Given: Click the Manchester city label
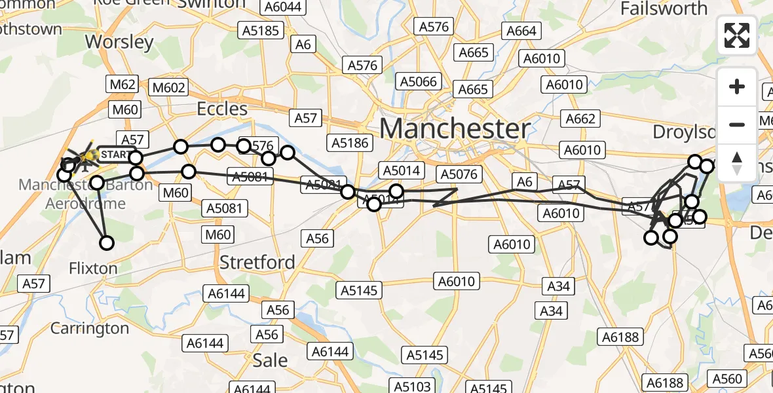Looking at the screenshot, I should [455, 128].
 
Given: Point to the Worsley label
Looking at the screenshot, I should [120, 43].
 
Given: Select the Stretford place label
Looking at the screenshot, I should [257, 263].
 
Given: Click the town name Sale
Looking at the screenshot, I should [270, 360].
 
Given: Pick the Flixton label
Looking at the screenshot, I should [92, 268].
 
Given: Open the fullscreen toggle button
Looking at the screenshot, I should [737, 35].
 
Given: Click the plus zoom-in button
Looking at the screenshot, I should [737, 86].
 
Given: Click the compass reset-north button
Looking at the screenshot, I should [737, 163].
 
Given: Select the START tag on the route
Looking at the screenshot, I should [115, 155].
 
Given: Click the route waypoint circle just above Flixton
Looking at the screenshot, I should [106, 244].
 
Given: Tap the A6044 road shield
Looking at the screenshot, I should [280, 7].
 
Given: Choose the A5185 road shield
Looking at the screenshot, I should [261, 30].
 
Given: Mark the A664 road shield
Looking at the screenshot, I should [521, 31].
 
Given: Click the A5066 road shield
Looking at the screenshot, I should [418, 81].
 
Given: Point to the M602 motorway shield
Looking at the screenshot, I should [169, 87].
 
